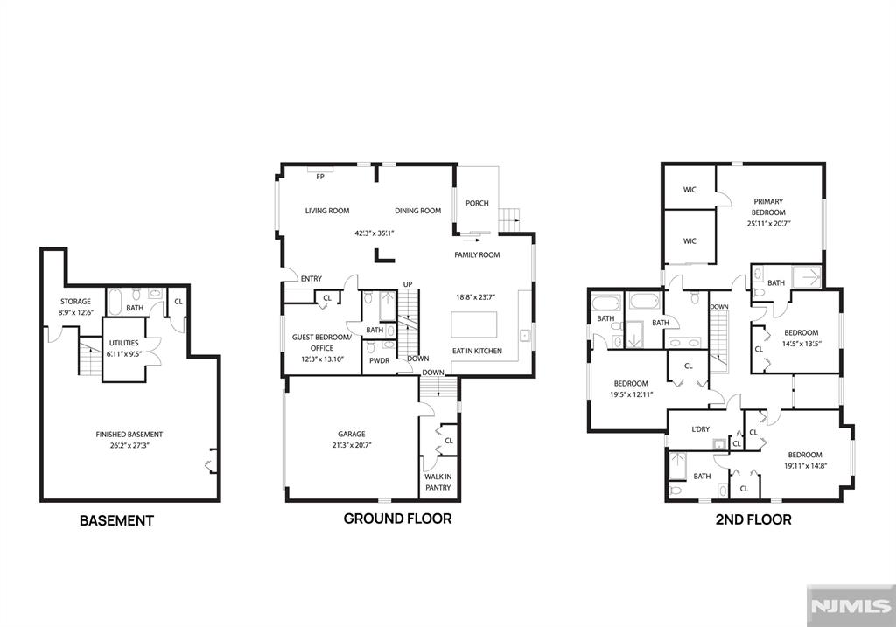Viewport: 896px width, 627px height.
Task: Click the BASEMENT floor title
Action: [116, 520]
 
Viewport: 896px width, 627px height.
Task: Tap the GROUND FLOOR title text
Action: [398, 519]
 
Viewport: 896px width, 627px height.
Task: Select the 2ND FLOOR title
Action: [753, 519]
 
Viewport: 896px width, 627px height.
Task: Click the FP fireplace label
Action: [320, 177]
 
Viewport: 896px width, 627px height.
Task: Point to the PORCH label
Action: [477, 203]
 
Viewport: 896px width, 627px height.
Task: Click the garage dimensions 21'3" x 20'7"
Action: [352, 445]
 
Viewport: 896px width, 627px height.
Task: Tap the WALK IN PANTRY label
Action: [438, 482]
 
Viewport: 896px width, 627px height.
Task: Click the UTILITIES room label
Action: [124, 343]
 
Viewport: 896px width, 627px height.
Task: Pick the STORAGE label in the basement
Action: [75, 302]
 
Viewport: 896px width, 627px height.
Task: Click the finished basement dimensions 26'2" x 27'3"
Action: [129, 445]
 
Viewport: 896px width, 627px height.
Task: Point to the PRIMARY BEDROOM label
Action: [768, 206]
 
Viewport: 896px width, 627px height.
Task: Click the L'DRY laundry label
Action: [701, 429]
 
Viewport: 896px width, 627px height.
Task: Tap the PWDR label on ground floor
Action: [380, 361]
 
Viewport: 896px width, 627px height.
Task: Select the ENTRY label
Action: [311, 279]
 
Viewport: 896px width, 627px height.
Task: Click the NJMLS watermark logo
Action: [850, 606]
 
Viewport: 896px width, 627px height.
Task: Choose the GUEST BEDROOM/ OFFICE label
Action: [322, 343]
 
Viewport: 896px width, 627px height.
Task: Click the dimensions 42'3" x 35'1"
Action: [374, 233]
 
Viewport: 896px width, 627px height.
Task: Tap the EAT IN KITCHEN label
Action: [477, 351]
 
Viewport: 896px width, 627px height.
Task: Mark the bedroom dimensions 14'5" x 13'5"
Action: [801, 344]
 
